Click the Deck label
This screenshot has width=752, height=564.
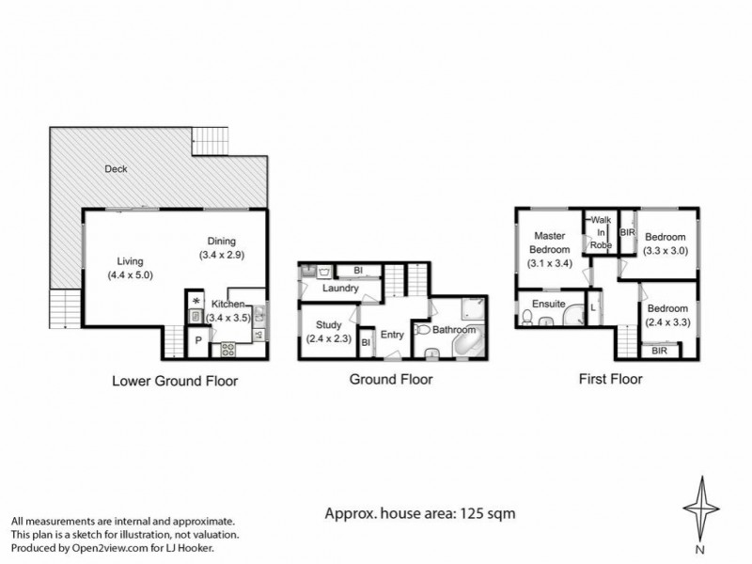coord(117,170)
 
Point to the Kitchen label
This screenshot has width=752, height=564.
coord(229,304)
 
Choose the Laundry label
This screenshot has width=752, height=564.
coord(339,289)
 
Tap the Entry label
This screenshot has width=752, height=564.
coord(392,335)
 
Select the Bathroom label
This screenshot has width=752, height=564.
coord(454,331)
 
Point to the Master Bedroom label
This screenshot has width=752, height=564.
coord(551,243)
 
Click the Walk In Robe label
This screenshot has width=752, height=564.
coord(600,232)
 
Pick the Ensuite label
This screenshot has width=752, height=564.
coord(547,305)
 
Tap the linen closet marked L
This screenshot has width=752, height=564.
coord(592,307)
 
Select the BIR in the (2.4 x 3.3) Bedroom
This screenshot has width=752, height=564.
coord(661,350)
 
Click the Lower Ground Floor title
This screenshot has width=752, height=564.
coord(175,382)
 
